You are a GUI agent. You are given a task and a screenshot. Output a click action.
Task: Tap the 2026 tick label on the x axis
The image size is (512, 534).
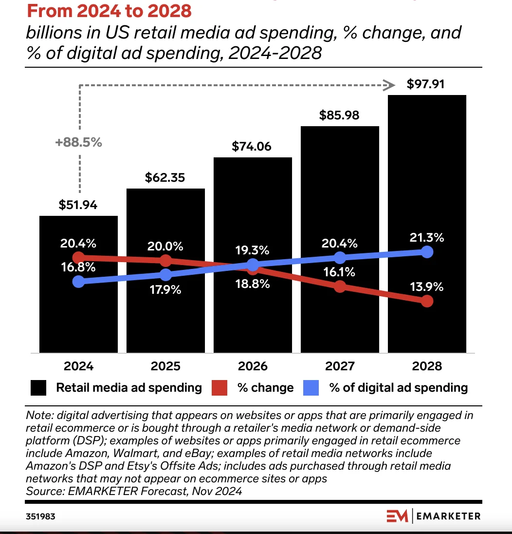tap(252, 366)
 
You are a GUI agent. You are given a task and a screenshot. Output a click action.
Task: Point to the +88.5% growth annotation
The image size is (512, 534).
tap(78, 143)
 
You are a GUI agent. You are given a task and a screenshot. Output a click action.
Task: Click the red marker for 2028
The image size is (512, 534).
tap(427, 301)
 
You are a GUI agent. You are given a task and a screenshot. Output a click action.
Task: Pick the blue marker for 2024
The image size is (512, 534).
tap(78, 282)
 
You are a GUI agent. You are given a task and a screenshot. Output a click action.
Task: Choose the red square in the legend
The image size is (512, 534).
tap(220, 388)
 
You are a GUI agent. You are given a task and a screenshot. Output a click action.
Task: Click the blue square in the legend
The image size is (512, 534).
tap(311, 388)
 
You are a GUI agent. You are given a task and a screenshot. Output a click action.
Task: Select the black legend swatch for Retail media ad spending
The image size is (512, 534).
tap(38, 388)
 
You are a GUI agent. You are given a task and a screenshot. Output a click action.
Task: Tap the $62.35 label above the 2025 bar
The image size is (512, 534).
tap(165, 178)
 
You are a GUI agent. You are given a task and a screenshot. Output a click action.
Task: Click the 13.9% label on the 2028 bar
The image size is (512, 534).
tap(426, 286)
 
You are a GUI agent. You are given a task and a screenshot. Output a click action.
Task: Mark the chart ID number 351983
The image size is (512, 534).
tap(41, 516)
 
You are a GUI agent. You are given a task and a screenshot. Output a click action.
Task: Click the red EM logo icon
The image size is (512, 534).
tap(398, 516)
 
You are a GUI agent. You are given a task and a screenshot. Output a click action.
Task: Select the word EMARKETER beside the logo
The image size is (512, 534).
tap(449, 516)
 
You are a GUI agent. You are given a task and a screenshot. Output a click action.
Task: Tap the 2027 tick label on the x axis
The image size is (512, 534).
tap(339, 366)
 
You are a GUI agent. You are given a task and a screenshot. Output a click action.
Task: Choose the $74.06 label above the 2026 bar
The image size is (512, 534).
tap(252, 147)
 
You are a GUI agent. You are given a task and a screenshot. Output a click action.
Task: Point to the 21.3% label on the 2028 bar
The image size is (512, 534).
tap(426, 238)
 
